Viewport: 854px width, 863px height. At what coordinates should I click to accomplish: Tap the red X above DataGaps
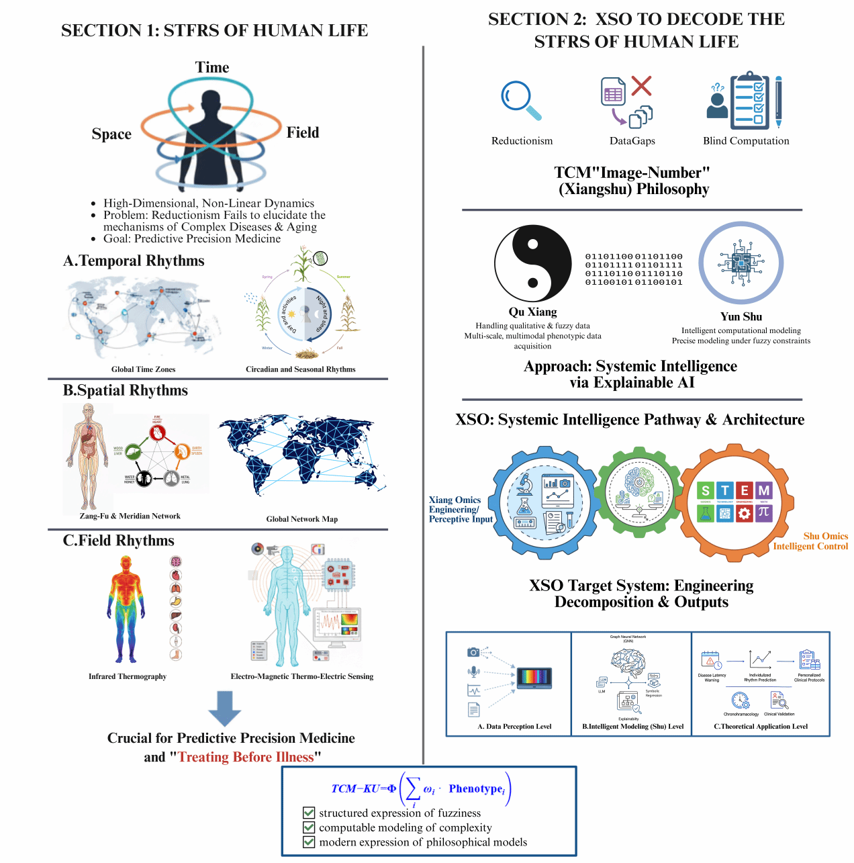[641, 85]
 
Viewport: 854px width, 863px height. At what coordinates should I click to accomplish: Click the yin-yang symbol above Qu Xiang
[532, 263]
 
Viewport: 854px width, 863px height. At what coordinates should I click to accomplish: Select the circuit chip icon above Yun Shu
[741, 263]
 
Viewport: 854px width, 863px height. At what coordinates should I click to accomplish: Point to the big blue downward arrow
[224, 708]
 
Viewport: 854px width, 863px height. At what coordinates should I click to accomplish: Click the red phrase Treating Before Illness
[246, 757]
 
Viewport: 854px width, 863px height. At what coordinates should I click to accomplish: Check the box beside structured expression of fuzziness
[309, 813]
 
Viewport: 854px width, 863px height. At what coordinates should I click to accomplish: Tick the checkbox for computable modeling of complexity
[309, 827]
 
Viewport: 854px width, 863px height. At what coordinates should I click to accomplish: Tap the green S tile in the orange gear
[705, 491]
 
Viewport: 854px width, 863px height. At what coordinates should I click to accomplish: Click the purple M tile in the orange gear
[763, 491]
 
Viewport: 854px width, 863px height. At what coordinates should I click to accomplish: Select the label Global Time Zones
[143, 369]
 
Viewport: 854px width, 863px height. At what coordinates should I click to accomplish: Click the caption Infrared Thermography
[128, 676]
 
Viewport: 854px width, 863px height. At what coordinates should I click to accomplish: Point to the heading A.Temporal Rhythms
[134, 261]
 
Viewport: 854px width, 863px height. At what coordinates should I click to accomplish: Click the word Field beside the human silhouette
[303, 132]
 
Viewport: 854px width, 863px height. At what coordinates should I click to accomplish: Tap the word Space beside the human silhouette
[111, 134]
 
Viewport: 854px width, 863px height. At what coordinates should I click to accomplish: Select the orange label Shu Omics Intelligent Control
[811, 541]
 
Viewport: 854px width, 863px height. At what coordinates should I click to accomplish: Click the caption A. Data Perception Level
[514, 726]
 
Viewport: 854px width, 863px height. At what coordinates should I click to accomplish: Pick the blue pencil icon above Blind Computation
[778, 101]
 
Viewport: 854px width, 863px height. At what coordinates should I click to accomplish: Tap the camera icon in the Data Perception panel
[473, 652]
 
